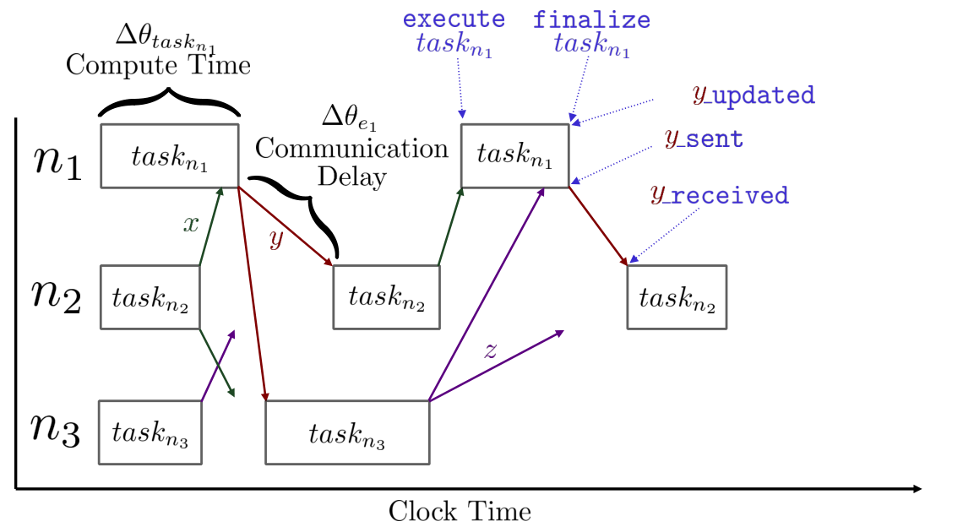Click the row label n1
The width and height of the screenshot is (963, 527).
coord(57,162)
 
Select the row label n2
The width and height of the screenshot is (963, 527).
coord(57,296)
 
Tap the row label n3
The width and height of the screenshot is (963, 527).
coord(56,430)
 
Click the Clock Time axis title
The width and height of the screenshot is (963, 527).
coord(460,511)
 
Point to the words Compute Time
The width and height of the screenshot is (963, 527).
coord(159,65)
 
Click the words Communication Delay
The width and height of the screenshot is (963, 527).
coord(352,162)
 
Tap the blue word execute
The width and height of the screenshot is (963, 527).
coord(454,19)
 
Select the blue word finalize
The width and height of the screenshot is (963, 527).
coord(591,19)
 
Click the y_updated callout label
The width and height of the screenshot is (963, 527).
coord(754,95)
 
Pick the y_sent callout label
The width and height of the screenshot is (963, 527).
coord(704,139)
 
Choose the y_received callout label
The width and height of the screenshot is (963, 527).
coord(720,195)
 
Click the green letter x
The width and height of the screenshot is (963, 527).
coord(191,225)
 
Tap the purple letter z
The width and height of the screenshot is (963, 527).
coord(490,350)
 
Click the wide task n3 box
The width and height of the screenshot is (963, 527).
coord(348,432)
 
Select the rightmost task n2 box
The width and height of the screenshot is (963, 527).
coord(677,297)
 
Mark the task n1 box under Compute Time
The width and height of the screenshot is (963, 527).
coord(170,156)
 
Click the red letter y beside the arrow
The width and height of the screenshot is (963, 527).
coord(276,238)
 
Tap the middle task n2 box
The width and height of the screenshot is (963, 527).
coord(386,297)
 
